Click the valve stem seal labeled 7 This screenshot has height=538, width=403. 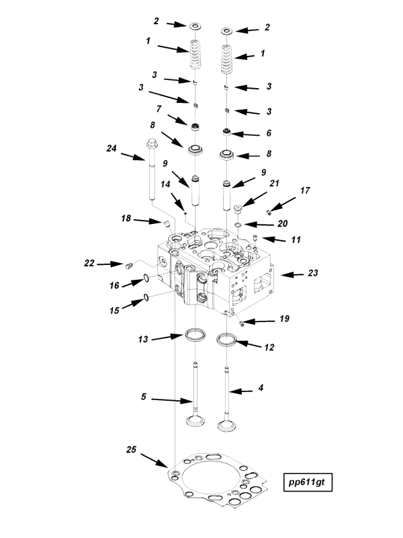click(x=196, y=127)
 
